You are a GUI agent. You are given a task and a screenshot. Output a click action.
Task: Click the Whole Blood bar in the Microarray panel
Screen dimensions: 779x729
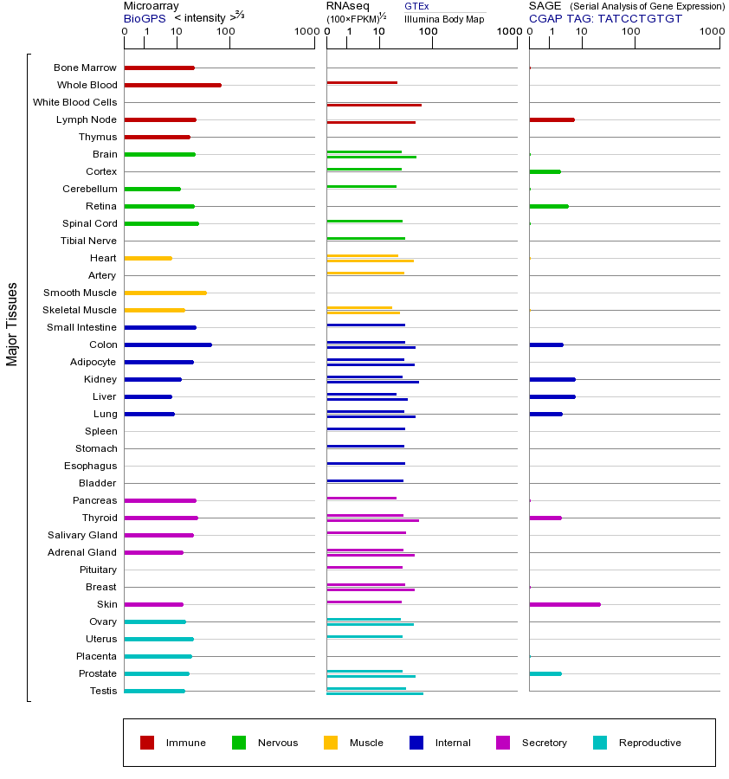[172, 85]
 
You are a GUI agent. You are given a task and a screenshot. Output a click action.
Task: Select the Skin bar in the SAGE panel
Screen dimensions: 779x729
[564, 604]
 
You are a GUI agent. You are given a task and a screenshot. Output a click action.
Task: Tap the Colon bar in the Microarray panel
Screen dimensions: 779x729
[168, 344]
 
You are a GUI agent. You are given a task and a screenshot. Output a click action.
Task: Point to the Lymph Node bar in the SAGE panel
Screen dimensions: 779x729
[552, 119]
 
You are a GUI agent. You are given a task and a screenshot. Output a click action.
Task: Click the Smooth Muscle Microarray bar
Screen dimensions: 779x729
[165, 293]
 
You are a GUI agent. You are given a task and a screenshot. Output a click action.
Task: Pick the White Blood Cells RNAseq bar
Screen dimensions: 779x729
[374, 105]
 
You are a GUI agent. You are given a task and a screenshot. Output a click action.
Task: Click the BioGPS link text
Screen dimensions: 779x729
[145, 18]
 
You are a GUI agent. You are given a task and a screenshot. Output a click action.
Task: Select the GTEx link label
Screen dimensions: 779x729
[416, 6]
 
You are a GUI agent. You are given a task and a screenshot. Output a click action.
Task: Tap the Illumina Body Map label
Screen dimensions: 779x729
[444, 19]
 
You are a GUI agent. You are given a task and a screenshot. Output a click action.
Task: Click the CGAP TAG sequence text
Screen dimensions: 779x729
[605, 18]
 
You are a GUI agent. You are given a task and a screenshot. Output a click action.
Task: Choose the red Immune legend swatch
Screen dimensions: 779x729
[147, 743]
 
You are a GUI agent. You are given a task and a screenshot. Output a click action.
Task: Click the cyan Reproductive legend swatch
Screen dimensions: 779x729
[600, 743]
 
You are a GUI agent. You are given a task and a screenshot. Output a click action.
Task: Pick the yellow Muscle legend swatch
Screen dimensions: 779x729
[331, 743]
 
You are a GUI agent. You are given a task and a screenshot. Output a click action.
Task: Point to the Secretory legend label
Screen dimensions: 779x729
[544, 743]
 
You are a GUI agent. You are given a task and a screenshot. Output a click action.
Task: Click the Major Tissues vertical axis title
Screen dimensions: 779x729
[12, 324]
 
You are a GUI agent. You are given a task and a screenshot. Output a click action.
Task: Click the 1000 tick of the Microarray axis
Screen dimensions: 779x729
[305, 33]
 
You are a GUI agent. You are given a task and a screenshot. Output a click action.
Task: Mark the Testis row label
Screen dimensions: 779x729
[103, 691]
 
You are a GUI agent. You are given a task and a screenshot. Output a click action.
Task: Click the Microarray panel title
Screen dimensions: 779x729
[151, 6]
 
